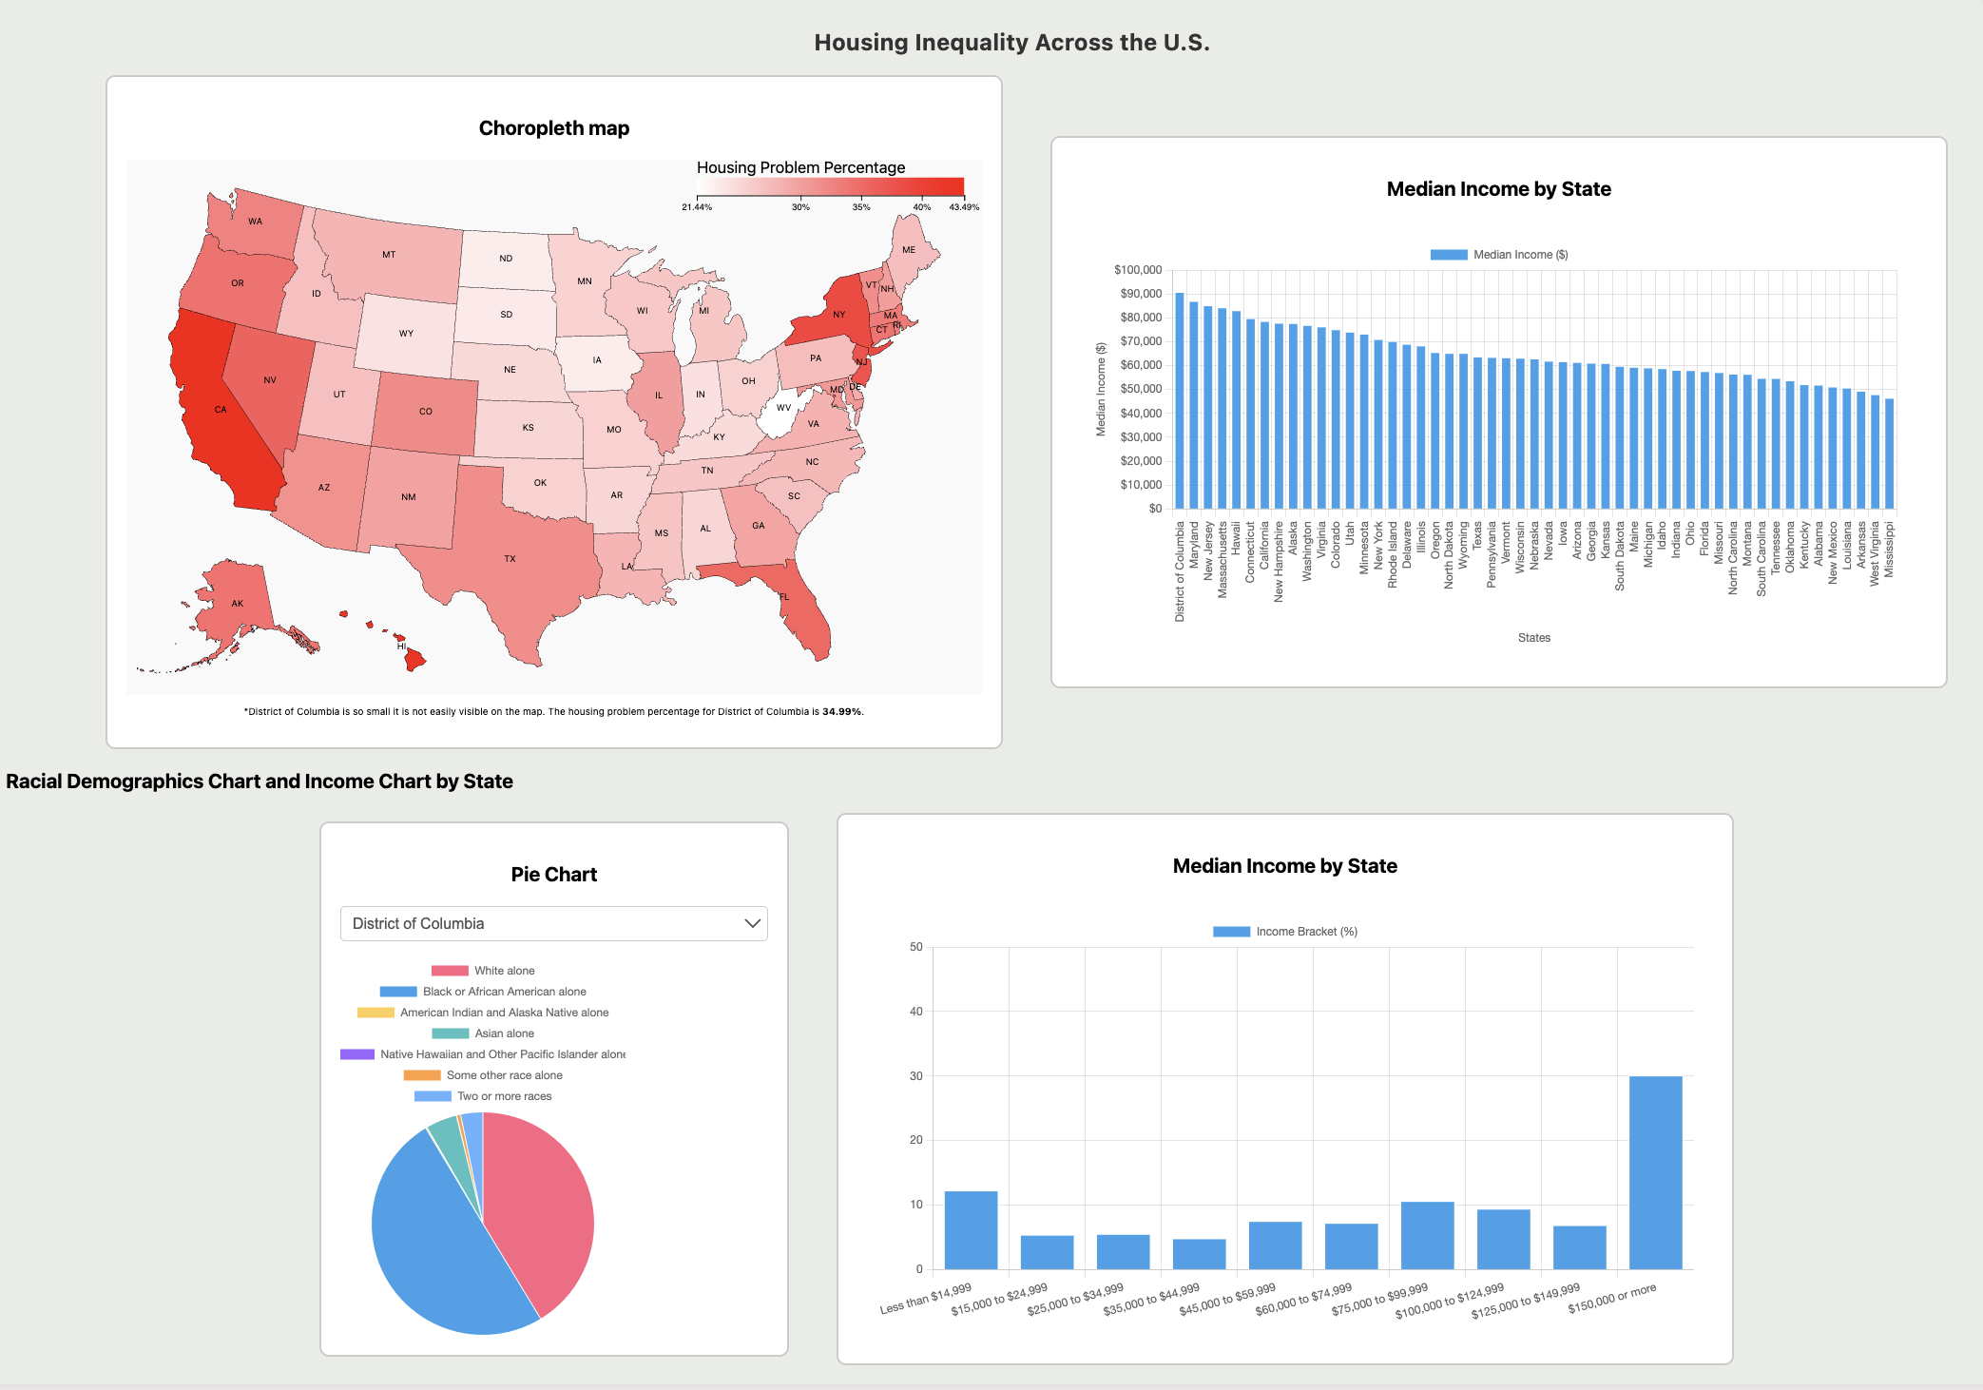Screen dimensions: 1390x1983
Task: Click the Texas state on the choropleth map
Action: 513,570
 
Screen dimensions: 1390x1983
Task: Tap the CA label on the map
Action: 221,410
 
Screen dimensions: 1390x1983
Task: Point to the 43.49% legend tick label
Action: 963,207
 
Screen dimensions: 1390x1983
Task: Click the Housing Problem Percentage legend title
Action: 800,167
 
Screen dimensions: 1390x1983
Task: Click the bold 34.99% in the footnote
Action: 841,711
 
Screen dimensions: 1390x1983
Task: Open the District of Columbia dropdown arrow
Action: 752,923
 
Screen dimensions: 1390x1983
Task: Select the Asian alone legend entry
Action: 504,1033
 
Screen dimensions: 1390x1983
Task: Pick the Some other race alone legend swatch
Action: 422,1075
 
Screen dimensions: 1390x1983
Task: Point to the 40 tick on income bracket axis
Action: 915,1012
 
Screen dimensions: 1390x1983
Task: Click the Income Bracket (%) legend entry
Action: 1285,932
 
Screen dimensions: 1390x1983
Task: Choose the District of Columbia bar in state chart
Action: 1179,400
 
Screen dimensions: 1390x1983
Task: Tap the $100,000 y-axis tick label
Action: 1138,270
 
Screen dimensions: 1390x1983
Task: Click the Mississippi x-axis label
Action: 1889,550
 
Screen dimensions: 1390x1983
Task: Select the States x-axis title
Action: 1533,638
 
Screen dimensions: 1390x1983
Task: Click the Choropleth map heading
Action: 553,128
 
